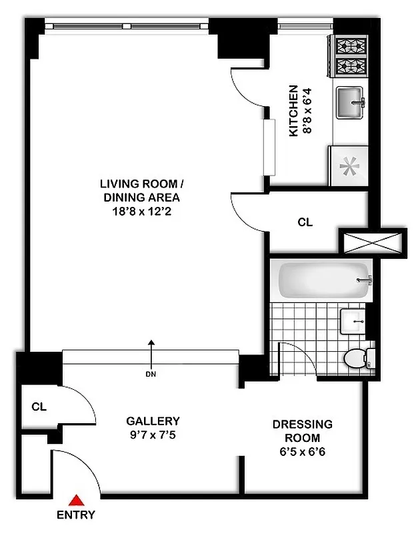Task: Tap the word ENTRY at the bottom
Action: (x=75, y=515)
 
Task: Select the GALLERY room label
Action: (x=153, y=421)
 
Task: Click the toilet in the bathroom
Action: (x=358, y=358)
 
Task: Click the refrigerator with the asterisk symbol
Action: (x=347, y=166)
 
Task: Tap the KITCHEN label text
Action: (x=293, y=111)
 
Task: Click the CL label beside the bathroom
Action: (x=305, y=223)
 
